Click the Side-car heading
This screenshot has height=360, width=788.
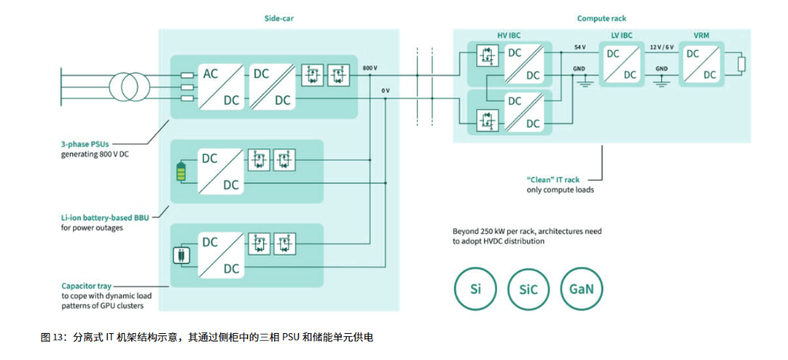click(278, 18)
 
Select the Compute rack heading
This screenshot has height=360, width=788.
click(601, 18)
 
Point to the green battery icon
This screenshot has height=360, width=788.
click(182, 171)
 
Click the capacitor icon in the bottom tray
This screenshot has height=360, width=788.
click(182, 255)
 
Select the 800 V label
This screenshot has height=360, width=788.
click(369, 68)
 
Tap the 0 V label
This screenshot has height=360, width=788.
click(385, 91)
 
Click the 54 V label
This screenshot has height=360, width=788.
click(579, 48)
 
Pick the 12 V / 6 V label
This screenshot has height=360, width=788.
click(662, 48)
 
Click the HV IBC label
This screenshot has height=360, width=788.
click(508, 36)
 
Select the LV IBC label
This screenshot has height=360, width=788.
click(622, 36)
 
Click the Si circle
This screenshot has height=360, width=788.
click(475, 291)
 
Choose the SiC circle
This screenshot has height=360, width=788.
click(529, 291)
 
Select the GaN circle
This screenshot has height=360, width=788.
click(582, 291)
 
